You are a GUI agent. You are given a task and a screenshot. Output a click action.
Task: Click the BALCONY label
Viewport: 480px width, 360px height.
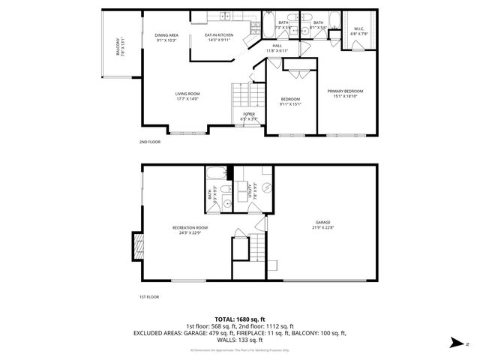[x=117, y=48]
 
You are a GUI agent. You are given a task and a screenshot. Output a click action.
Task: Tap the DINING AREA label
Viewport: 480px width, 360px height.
[x=166, y=35]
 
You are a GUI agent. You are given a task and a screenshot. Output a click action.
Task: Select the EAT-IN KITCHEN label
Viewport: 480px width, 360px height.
[x=219, y=35]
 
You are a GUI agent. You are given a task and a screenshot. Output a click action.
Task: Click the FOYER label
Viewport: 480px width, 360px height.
[x=248, y=114]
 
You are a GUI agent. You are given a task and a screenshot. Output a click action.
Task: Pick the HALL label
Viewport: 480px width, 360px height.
[x=277, y=46]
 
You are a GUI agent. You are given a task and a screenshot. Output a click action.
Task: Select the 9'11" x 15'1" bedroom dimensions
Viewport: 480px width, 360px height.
[x=290, y=104]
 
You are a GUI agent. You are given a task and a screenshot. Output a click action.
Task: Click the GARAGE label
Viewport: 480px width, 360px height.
[x=323, y=222]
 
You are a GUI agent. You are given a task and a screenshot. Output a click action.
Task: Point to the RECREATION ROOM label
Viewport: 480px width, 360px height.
[x=190, y=227]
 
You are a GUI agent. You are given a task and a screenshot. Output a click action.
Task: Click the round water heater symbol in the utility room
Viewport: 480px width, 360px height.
[x=268, y=189]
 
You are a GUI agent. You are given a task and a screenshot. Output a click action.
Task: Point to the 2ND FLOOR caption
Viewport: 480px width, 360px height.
[x=149, y=142]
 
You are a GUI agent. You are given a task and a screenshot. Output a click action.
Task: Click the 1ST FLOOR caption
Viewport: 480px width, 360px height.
[x=149, y=297]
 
